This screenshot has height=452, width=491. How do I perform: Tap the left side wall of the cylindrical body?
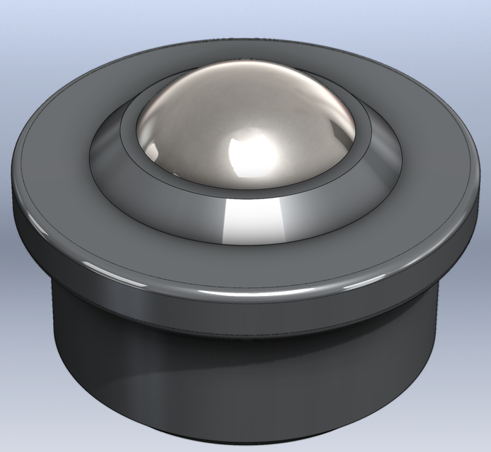coord(71,325)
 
